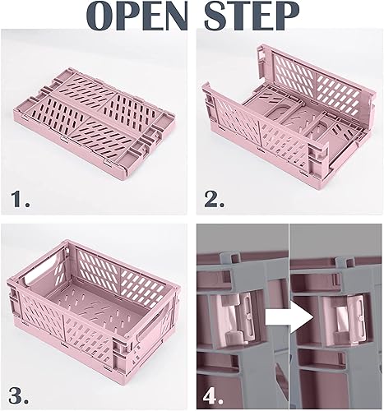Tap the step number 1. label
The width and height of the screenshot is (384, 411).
[x=22, y=196]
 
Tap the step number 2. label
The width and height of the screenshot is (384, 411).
[x=216, y=196]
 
